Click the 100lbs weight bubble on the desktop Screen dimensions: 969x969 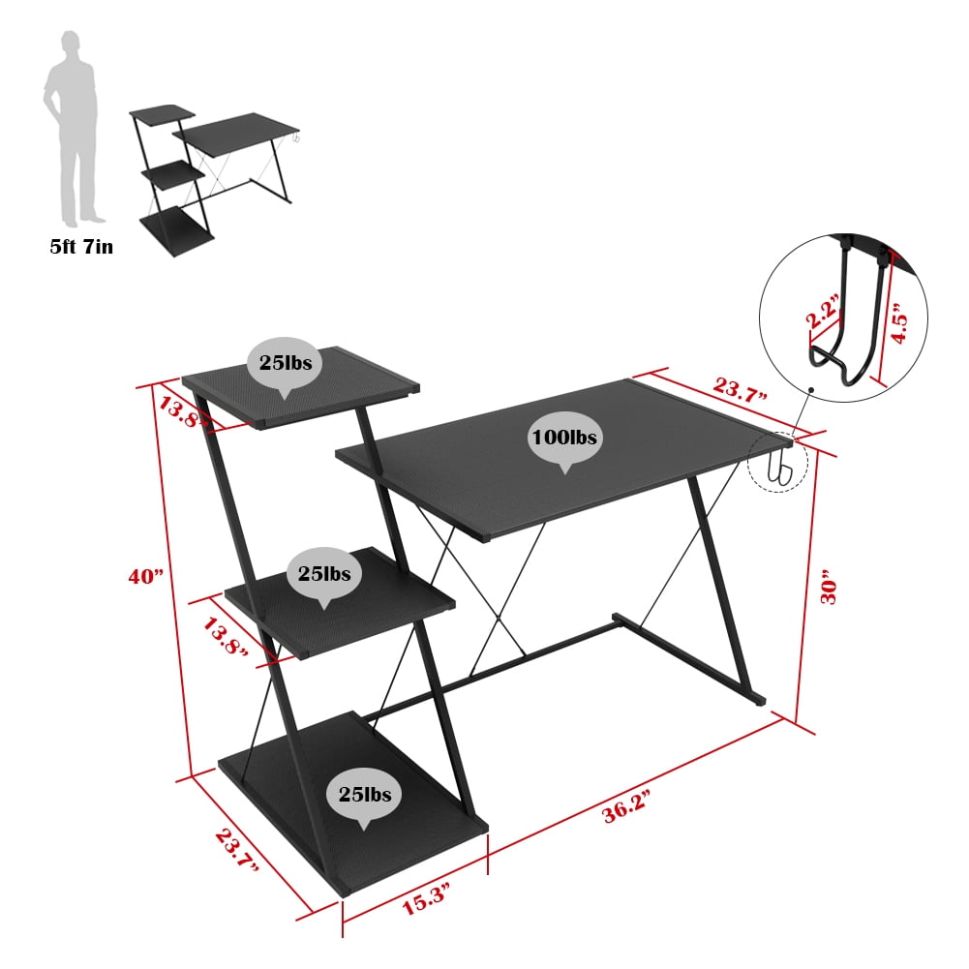tap(563, 438)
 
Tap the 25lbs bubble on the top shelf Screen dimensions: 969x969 tap(285, 364)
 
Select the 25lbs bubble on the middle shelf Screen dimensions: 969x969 tap(324, 574)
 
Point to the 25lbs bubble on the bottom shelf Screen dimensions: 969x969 tap(365, 795)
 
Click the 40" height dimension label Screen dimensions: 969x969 tap(146, 576)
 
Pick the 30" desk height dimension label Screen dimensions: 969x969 tap(829, 587)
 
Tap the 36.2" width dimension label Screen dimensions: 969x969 tap(625, 803)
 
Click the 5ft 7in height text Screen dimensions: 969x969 tap(81, 248)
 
